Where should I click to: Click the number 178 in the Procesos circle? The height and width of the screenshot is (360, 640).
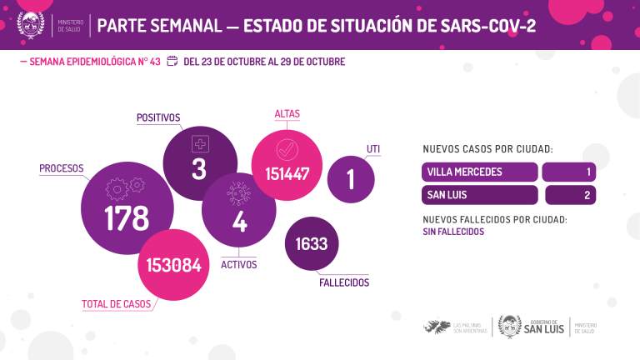[127, 217]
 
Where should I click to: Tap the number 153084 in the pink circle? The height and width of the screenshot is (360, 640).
[173, 265]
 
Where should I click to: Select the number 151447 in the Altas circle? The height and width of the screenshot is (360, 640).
[287, 174]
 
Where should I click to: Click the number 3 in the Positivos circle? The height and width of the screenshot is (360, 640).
[198, 169]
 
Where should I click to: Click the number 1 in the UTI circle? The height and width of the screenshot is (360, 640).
[351, 179]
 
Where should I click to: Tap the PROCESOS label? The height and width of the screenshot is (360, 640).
[62, 169]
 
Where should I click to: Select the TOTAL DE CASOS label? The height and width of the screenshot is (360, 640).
[116, 304]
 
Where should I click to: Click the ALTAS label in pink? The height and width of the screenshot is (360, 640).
[287, 113]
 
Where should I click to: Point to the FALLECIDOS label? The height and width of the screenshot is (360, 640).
[343, 283]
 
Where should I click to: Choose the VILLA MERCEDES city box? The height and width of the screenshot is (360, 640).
[480, 172]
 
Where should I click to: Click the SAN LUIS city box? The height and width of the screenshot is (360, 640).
[480, 195]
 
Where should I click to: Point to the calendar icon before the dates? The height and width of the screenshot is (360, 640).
[172, 61]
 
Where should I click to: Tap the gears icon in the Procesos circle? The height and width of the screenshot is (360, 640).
[127, 188]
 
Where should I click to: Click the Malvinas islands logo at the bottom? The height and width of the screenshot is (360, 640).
[437, 326]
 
